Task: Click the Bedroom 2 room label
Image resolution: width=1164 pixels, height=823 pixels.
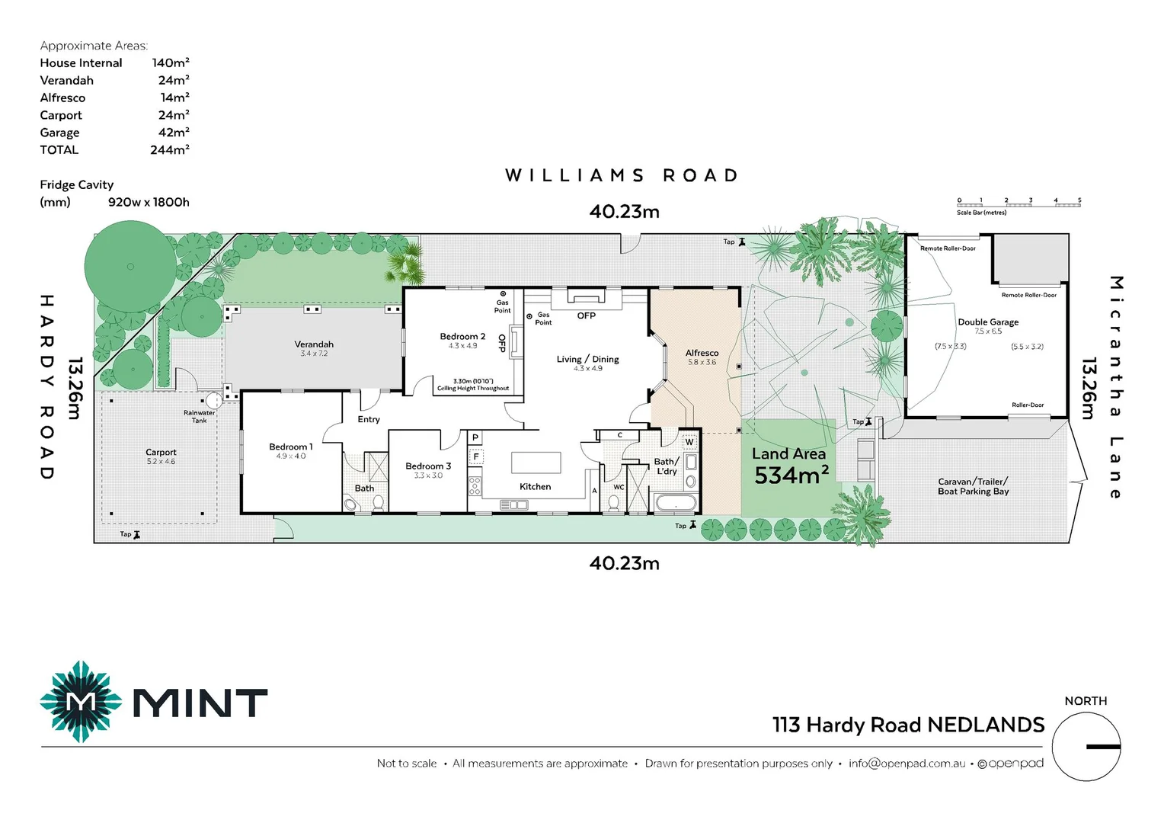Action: (x=462, y=337)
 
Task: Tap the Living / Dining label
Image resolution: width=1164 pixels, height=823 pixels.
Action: (x=587, y=360)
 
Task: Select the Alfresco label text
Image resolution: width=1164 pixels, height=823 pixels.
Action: (x=702, y=354)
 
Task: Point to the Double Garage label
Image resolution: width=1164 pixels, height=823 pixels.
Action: (x=988, y=322)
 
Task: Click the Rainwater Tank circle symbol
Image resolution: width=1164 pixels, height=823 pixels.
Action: (x=213, y=401)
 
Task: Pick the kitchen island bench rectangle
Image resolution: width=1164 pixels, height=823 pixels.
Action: (x=536, y=463)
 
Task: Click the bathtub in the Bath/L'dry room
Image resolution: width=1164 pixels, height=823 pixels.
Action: (x=676, y=503)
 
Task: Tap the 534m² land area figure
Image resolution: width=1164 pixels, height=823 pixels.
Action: (x=791, y=476)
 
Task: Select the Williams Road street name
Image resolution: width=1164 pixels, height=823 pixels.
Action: (x=622, y=176)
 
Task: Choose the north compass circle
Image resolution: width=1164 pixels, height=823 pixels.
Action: (x=1086, y=747)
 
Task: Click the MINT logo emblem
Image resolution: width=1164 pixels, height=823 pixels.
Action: (x=81, y=702)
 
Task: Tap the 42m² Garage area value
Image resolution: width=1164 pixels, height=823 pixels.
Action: (x=174, y=133)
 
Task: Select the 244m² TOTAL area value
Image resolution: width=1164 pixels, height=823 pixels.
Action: (x=169, y=150)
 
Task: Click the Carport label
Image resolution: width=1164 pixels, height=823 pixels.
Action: (x=161, y=453)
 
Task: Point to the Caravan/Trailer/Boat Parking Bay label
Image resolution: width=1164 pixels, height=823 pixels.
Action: (x=973, y=486)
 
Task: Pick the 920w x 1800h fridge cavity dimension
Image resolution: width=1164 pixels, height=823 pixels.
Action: (x=149, y=203)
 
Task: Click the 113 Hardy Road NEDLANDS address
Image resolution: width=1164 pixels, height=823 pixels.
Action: (x=908, y=725)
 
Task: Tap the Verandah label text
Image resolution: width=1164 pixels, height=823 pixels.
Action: (x=314, y=344)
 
